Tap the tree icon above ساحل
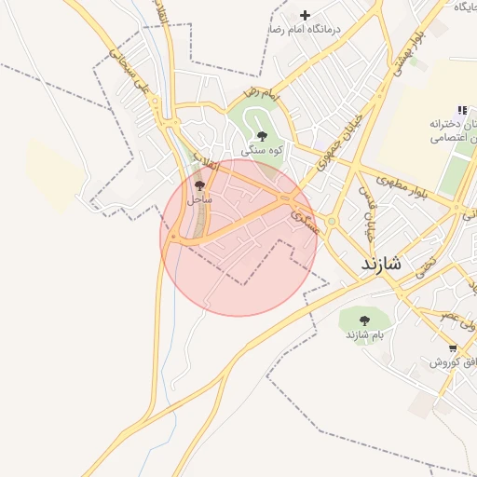[x=199, y=186]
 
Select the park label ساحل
[x=199, y=199]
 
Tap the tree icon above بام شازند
[x=363, y=320]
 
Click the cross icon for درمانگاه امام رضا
[x=305, y=15]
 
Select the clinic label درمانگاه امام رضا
[x=305, y=29]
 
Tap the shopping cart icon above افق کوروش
[x=452, y=348]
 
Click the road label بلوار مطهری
[x=401, y=184]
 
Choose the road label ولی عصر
[x=458, y=325]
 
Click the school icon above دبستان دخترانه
[x=463, y=110]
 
